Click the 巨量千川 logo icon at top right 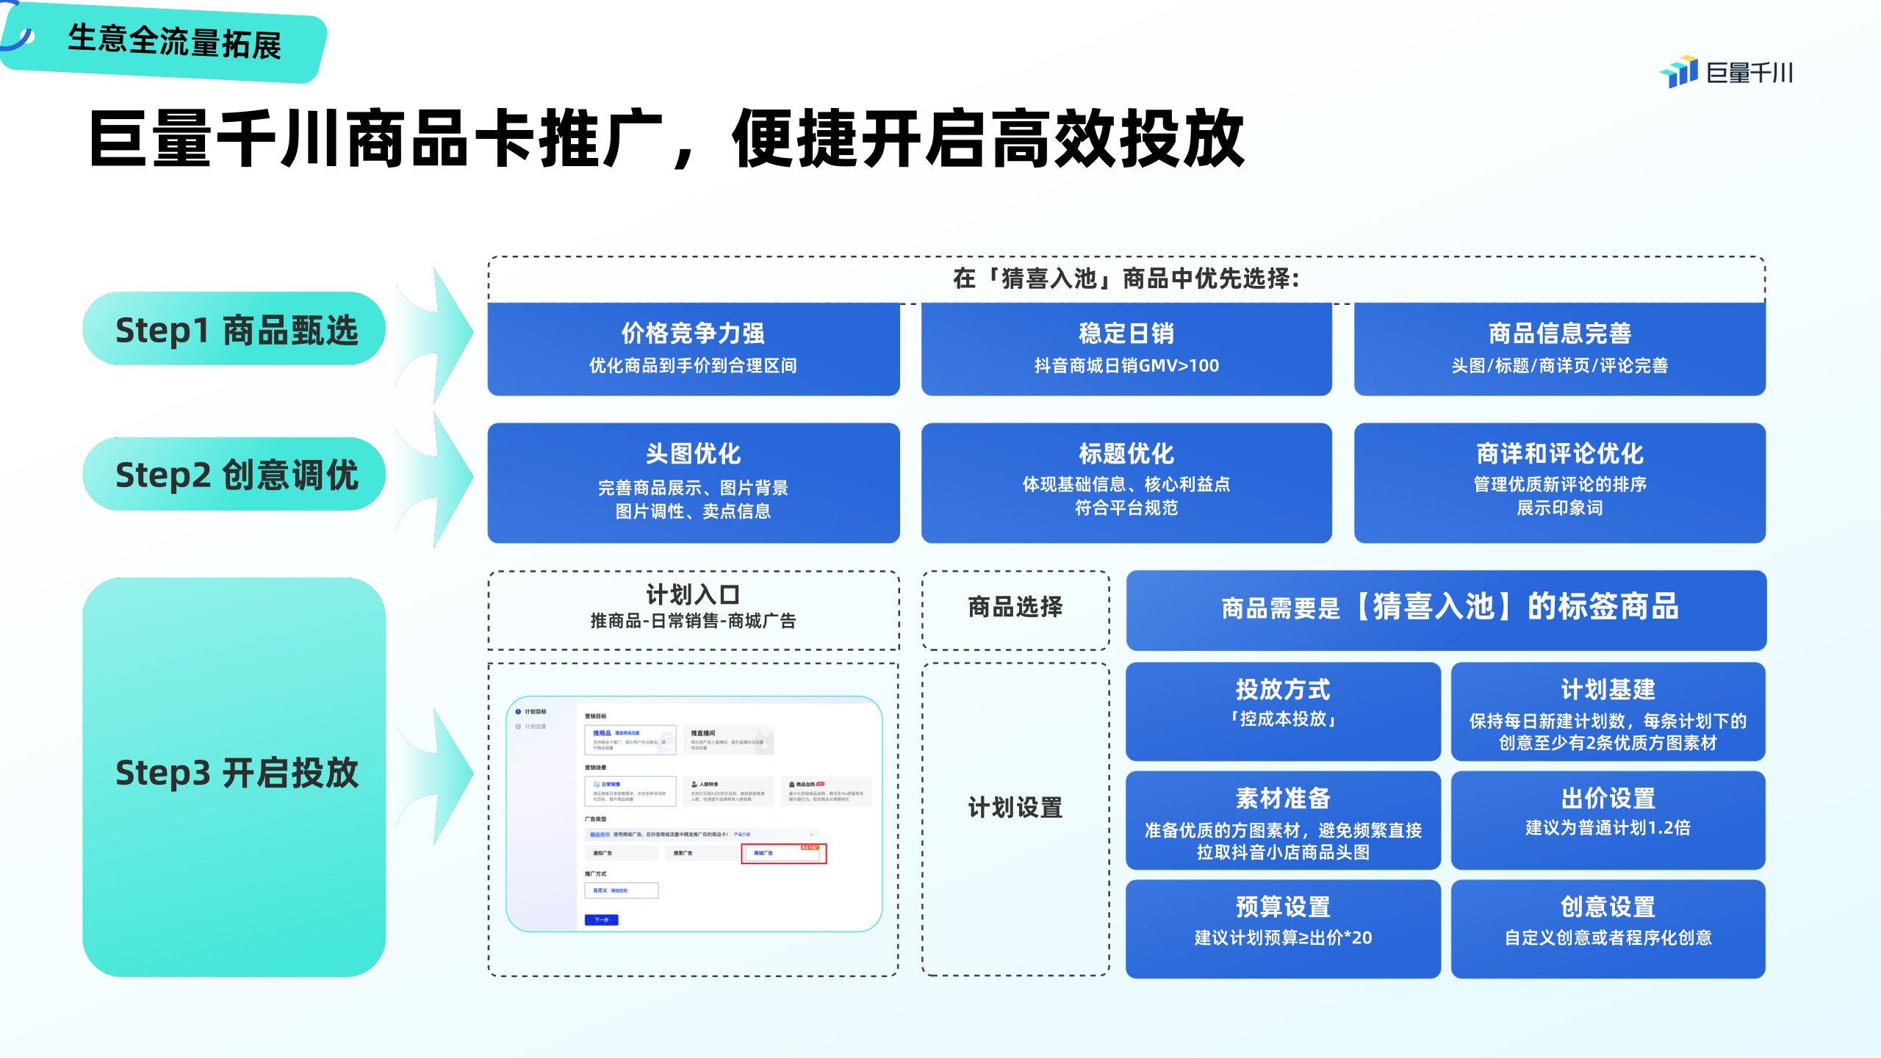pyautogui.click(x=1680, y=72)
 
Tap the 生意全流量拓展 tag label pyautogui.click(x=174, y=42)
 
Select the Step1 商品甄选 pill pyautogui.click(x=235, y=330)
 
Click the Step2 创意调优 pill pyautogui.click(x=235, y=475)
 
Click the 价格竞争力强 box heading pyautogui.click(x=693, y=334)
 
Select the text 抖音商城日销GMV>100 pyautogui.click(x=1126, y=366)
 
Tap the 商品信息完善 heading pyautogui.click(x=1559, y=334)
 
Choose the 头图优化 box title pyautogui.click(x=693, y=453)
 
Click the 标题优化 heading pyautogui.click(x=1126, y=453)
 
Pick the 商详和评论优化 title pyautogui.click(x=1559, y=453)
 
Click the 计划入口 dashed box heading pyautogui.click(x=693, y=594)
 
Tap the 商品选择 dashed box pyautogui.click(x=1015, y=608)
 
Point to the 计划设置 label pyautogui.click(x=1015, y=807)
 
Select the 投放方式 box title pyautogui.click(x=1282, y=689)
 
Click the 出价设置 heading pyautogui.click(x=1608, y=798)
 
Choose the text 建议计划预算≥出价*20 pyautogui.click(x=1282, y=938)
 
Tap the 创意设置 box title pyautogui.click(x=1608, y=907)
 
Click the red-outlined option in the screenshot pyautogui.click(x=783, y=853)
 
